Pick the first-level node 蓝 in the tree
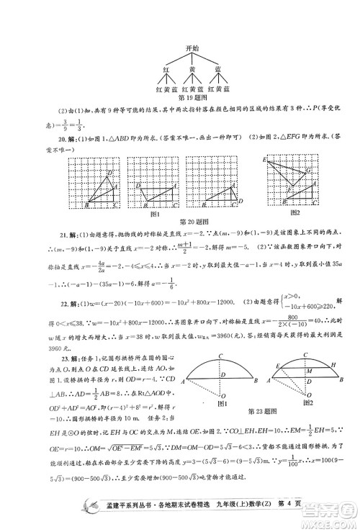(217, 68)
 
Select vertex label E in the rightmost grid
(265, 158)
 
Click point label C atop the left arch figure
(225, 354)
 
